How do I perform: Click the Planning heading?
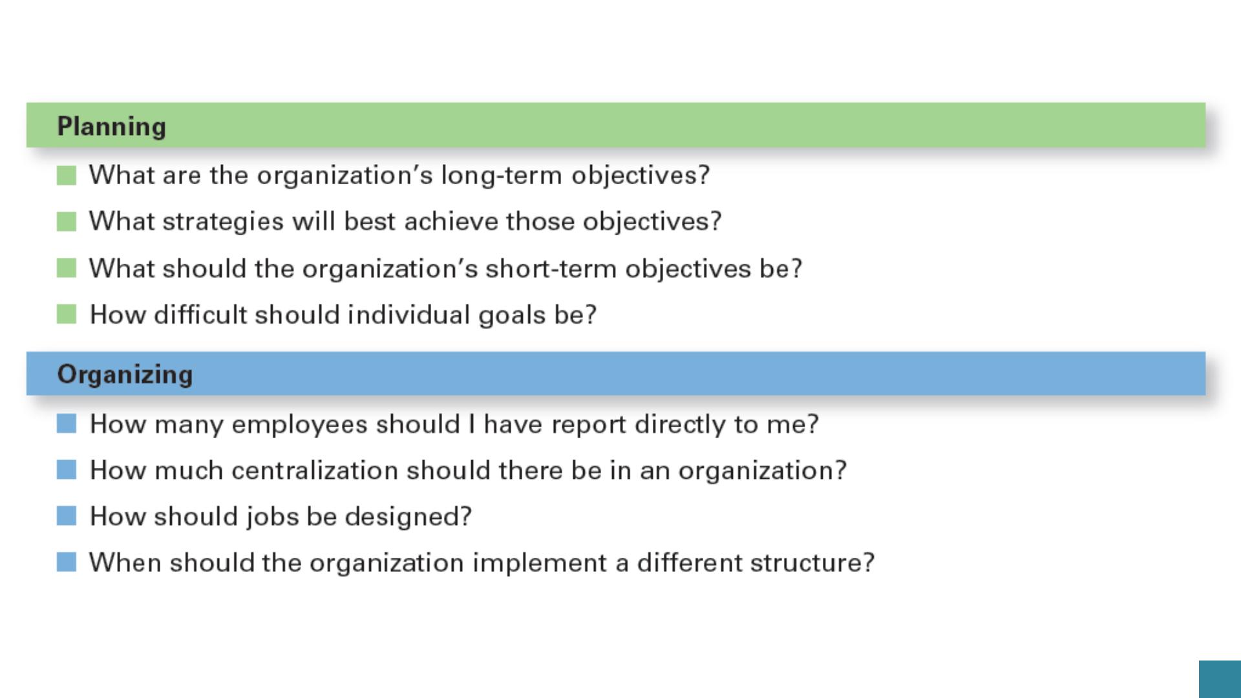pyautogui.click(x=112, y=127)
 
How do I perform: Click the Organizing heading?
pyautogui.click(x=125, y=375)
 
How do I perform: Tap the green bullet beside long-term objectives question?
pyautogui.click(x=67, y=175)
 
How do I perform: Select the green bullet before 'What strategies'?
pyautogui.click(x=67, y=222)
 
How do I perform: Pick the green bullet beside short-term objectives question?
pyautogui.click(x=67, y=268)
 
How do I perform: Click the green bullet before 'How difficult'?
pyautogui.click(x=67, y=314)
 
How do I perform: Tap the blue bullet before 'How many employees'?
pyautogui.click(x=67, y=424)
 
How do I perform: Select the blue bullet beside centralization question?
pyautogui.click(x=67, y=470)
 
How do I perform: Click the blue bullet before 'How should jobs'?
pyautogui.click(x=67, y=516)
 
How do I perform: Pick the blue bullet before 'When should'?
pyautogui.click(x=67, y=562)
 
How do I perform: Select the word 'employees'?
pyautogui.click(x=300, y=425)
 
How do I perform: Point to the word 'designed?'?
pyautogui.click(x=408, y=517)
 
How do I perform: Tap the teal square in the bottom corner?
pyautogui.click(x=1220, y=679)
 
